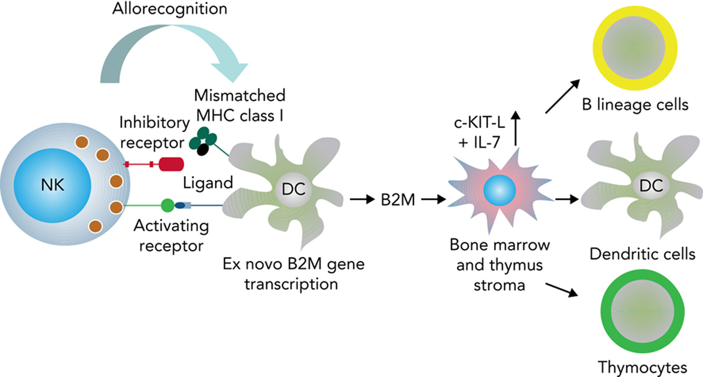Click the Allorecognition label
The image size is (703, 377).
coord(170,9)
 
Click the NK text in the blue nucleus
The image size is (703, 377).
coord(52,185)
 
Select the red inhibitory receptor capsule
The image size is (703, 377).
coord(171,164)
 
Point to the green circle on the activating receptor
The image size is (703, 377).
coord(168,206)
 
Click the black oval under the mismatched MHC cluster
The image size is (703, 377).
coord(203,149)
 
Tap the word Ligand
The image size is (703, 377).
coord(208,183)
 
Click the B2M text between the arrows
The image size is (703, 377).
coord(398,200)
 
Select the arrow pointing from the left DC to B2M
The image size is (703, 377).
coord(362,199)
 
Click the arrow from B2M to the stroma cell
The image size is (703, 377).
coord(433,199)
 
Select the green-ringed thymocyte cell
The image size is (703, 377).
coord(642,311)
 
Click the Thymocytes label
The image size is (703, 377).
coord(642,367)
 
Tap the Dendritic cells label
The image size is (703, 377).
coord(642,254)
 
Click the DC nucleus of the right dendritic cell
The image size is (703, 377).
coord(651,186)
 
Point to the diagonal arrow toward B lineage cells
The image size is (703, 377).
coord(562,96)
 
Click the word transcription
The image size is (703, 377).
coord(291,284)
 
